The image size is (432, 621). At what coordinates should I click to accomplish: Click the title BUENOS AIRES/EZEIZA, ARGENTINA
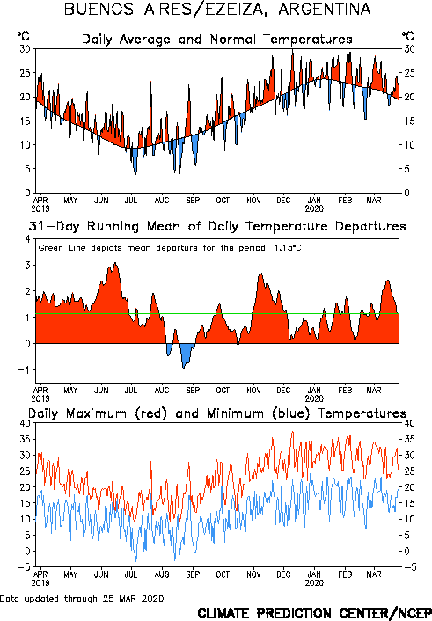[x=217, y=9]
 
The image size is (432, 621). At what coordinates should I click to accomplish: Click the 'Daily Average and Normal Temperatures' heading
[x=217, y=40]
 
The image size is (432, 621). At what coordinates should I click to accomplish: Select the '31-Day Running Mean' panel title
[x=217, y=226]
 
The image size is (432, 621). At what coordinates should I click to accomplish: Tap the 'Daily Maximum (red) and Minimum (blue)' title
[x=217, y=413]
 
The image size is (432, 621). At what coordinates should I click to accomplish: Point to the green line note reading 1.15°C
[x=170, y=248]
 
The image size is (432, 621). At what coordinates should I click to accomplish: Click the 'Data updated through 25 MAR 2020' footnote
[x=82, y=598]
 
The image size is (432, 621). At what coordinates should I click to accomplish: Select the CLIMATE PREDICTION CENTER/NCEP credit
[x=315, y=613]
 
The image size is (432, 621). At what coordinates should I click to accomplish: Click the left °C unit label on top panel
[x=24, y=36]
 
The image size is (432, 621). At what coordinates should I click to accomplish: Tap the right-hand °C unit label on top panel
[x=408, y=36]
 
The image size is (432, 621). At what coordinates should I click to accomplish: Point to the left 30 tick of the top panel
[x=25, y=49]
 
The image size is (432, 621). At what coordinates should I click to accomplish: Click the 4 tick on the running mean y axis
[x=27, y=239]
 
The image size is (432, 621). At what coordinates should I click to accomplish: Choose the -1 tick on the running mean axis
[x=25, y=370]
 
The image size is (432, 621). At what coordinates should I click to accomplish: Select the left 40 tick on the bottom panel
[x=25, y=423]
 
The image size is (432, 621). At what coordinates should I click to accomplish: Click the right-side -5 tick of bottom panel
[x=410, y=567]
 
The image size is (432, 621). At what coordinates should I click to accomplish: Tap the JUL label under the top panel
[x=131, y=201]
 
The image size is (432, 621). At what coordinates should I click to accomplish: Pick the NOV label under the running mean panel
[x=253, y=391]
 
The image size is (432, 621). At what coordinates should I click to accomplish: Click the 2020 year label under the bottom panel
[x=314, y=582]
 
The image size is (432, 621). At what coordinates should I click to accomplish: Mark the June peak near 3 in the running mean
[x=115, y=263]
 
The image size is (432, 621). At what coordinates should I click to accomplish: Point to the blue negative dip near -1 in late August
[x=184, y=367]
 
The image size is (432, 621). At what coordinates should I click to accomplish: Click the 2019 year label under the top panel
[x=40, y=208]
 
